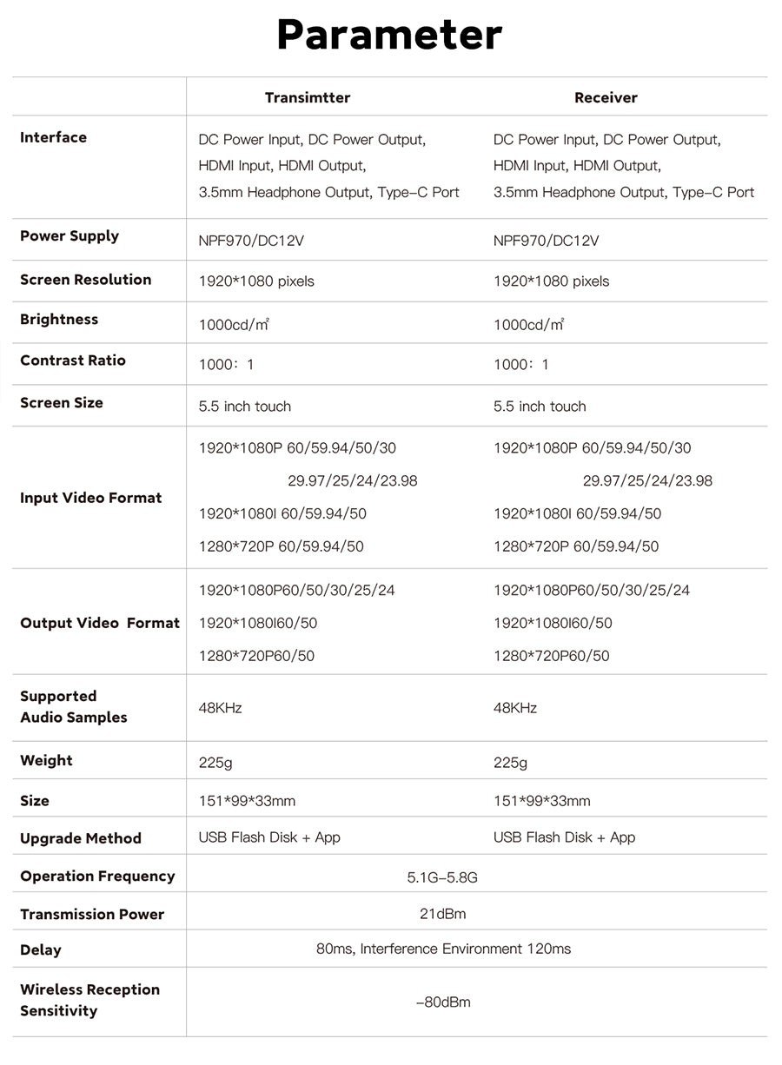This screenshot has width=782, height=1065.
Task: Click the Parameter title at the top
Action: (x=389, y=36)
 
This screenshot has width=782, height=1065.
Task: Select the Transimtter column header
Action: (x=308, y=97)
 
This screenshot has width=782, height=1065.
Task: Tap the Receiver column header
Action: (x=606, y=97)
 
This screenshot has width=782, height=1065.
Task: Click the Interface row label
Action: (x=54, y=137)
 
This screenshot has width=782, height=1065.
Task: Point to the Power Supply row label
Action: (x=70, y=236)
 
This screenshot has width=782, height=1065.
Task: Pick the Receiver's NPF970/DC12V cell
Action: (x=546, y=241)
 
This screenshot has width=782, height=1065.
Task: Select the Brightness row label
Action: (x=59, y=320)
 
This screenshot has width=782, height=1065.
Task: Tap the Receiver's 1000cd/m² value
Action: (x=529, y=325)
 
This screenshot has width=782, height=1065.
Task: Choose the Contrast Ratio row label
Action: (x=73, y=361)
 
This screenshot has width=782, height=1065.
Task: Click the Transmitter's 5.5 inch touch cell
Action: (x=245, y=407)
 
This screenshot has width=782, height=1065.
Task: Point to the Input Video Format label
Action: (x=91, y=498)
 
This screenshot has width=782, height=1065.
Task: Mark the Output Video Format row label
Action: (x=100, y=623)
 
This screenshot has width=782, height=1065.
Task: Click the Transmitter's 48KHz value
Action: (x=221, y=708)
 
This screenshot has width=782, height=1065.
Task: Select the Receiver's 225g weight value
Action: (x=510, y=763)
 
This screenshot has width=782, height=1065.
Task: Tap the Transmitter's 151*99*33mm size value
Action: (x=247, y=801)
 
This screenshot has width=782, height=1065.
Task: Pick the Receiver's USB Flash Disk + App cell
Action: (x=564, y=837)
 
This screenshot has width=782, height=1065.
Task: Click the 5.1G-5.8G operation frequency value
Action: (x=442, y=877)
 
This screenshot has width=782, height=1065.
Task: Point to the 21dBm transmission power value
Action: (x=442, y=914)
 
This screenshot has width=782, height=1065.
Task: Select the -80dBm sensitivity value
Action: (x=442, y=1002)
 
